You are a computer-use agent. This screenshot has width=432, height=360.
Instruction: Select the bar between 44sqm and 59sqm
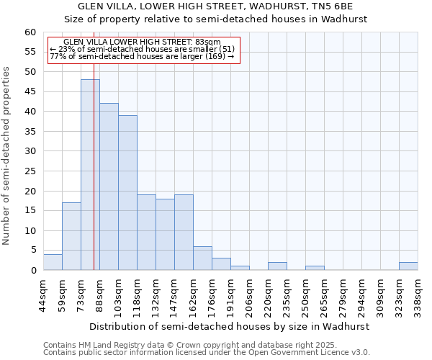pyautogui.click(x=53, y=262)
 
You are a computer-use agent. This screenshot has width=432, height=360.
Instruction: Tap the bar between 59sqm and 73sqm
pyautogui.click(x=71, y=236)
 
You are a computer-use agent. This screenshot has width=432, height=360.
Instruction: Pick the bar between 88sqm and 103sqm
pyautogui.click(x=109, y=186)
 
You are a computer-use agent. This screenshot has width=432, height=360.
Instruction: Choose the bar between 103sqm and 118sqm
pyautogui.click(x=127, y=193)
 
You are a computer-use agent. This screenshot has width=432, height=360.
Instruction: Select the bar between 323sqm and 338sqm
pyautogui.click(x=408, y=266)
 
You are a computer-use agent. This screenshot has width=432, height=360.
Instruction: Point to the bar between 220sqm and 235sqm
pyautogui.click(x=277, y=266)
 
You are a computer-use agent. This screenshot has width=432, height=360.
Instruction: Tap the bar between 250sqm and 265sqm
pyautogui.click(x=315, y=268)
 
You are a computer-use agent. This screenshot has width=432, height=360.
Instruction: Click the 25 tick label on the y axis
pyautogui.click(x=30, y=171)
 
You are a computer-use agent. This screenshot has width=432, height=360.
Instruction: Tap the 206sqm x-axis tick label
pyautogui.click(x=249, y=293)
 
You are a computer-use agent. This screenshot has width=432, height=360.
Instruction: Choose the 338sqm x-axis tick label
pyautogui.click(x=418, y=293)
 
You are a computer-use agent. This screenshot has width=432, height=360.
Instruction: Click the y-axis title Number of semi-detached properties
pyautogui.click(x=7, y=156)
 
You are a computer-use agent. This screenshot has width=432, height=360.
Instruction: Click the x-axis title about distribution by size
pyautogui.click(x=230, y=326)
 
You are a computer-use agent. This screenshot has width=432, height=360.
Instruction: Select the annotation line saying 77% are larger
pyautogui.click(x=142, y=56)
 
